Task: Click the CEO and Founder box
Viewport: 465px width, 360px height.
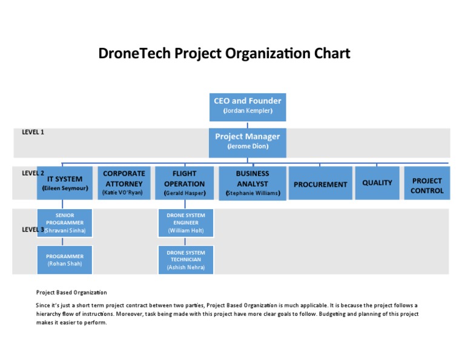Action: point(248,105)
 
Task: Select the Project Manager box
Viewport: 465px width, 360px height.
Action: point(248,141)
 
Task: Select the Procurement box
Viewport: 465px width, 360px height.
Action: point(320,183)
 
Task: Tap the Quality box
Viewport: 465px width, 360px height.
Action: point(377,183)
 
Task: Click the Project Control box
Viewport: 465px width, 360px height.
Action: point(427,183)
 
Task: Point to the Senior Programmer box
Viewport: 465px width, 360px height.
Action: point(65,223)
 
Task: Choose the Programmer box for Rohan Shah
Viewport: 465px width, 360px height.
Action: point(65,259)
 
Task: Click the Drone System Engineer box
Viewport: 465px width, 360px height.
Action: point(186,223)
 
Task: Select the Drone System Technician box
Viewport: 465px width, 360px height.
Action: point(186,259)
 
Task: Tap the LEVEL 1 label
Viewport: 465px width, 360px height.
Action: point(33,132)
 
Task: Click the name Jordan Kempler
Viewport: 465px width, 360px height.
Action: point(248,112)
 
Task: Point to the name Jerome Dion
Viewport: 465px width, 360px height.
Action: point(248,147)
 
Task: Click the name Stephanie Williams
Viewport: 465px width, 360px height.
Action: point(252,193)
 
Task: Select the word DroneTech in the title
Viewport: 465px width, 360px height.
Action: point(134,54)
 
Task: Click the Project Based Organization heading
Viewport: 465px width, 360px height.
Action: point(71,292)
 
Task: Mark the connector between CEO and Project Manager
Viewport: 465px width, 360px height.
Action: point(248,125)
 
